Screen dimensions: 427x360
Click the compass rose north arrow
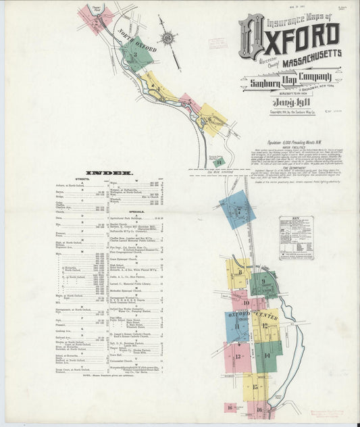(x=166, y=39)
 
